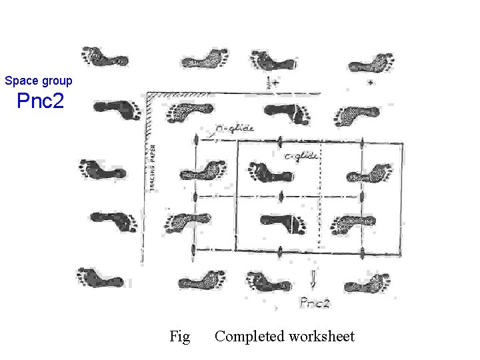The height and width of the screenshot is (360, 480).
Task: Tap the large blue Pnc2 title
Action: pos(40,102)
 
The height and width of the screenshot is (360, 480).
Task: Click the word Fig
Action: pos(180,337)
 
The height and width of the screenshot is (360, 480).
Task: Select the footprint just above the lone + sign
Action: pos(370,63)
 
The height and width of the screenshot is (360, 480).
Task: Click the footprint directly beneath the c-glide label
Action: pos(271,173)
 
